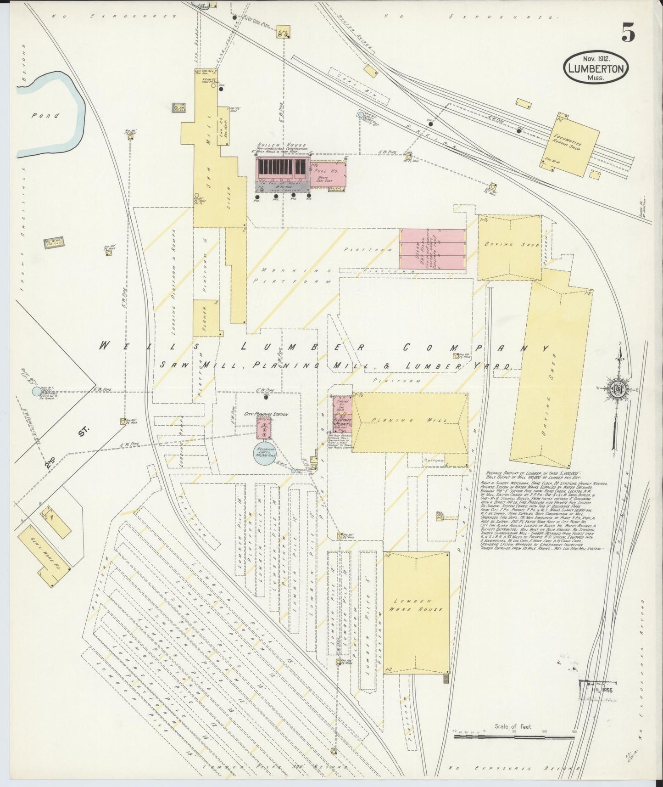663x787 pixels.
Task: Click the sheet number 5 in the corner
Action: [x=628, y=33]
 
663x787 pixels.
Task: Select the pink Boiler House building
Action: [x=282, y=170]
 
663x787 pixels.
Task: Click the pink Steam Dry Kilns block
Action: [x=432, y=248]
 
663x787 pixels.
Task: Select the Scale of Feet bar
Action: [x=514, y=736]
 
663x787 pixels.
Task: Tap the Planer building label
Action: [x=205, y=316]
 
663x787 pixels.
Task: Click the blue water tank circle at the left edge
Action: [x=36, y=391]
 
